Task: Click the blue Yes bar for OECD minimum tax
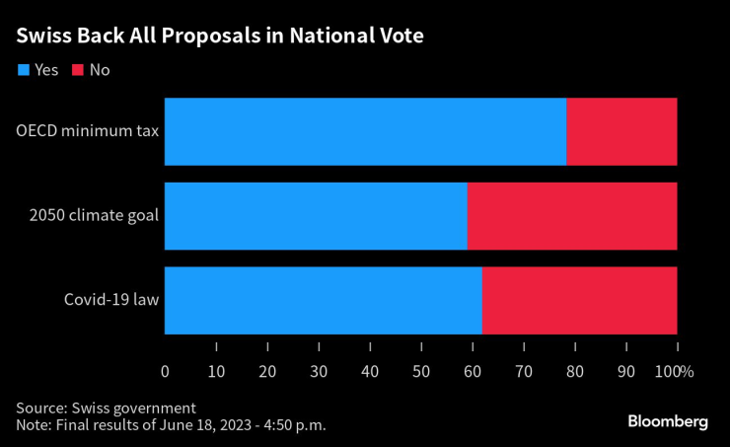coord(365,131)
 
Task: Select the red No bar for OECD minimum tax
coord(621,131)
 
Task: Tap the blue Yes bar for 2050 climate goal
coord(316,216)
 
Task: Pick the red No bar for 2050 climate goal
coord(572,216)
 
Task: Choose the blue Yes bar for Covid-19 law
coord(323,300)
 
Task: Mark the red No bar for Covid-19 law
coord(580,300)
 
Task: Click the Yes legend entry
coord(38,70)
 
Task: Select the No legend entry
coord(90,70)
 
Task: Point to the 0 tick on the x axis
coord(165,372)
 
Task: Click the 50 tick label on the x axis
coord(421,372)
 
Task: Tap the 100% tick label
coord(676,372)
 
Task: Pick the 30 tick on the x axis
coord(319,372)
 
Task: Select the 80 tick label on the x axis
coord(575,372)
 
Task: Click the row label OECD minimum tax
coord(87,131)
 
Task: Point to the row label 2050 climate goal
coord(94,216)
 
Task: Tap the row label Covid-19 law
coord(111,300)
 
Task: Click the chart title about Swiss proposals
coord(220,37)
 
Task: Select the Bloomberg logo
coord(668,421)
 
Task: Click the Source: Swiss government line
coord(106,408)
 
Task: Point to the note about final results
coord(170,424)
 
